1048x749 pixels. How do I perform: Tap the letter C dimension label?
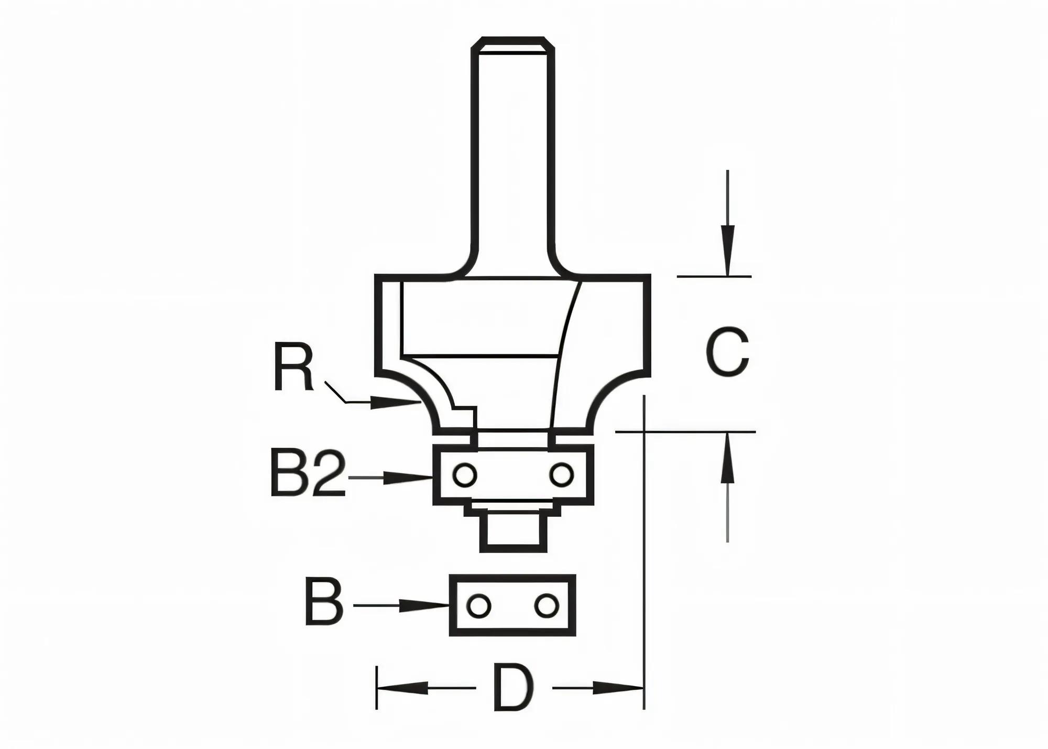point(727,352)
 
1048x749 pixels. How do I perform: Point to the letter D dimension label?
point(514,688)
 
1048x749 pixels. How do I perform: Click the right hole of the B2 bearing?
point(561,475)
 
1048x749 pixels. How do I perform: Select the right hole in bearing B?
point(546,606)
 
